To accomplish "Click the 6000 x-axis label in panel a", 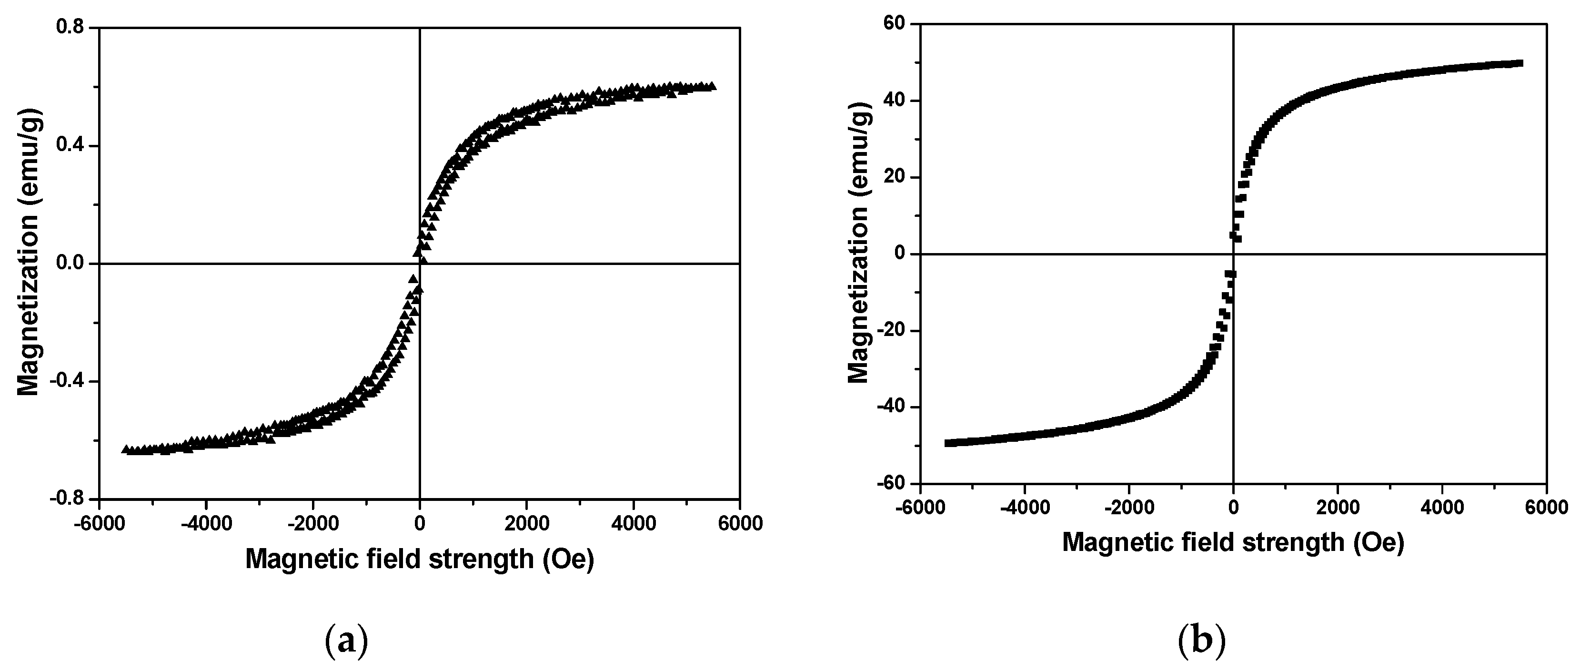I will point(739,524).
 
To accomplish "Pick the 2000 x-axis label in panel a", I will point(526,524).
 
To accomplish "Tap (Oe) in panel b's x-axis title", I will point(1380,542).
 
